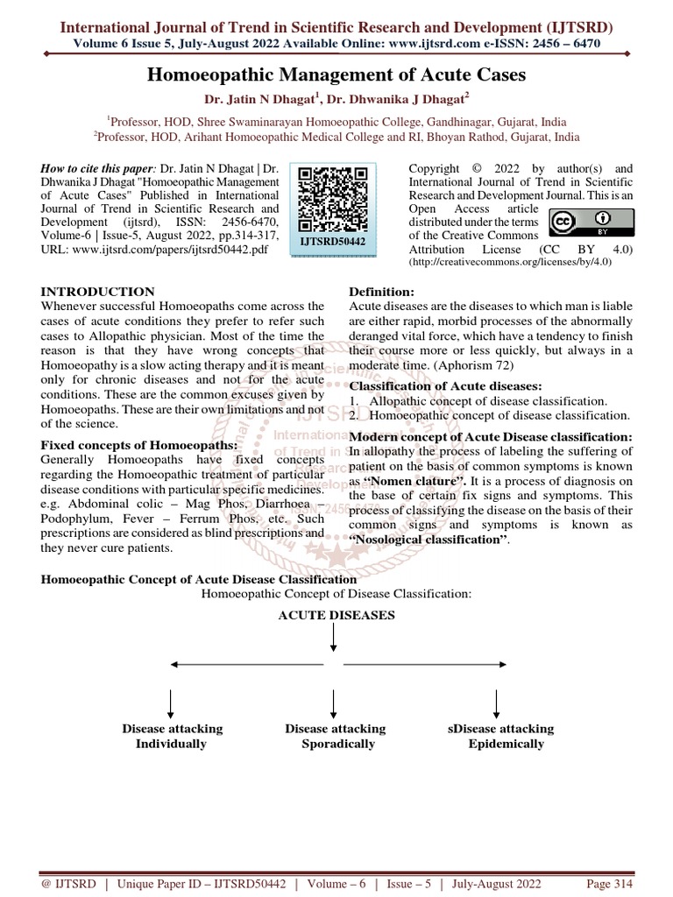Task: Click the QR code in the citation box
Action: click(x=334, y=197)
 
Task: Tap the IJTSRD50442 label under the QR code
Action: click(x=334, y=239)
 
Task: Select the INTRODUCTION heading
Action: click(x=98, y=292)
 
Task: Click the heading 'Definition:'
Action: click(x=382, y=292)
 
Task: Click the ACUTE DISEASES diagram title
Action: click(x=336, y=616)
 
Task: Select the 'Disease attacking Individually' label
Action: click(x=172, y=736)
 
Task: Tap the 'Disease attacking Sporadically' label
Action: click(x=336, y=736)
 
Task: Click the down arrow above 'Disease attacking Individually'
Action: click(x=171, y=703)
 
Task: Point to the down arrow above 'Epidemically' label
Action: click(x=497, y=703)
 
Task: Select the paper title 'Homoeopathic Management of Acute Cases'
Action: click(x=336, y=74)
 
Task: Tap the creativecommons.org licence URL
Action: click(x=494, y=263)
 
